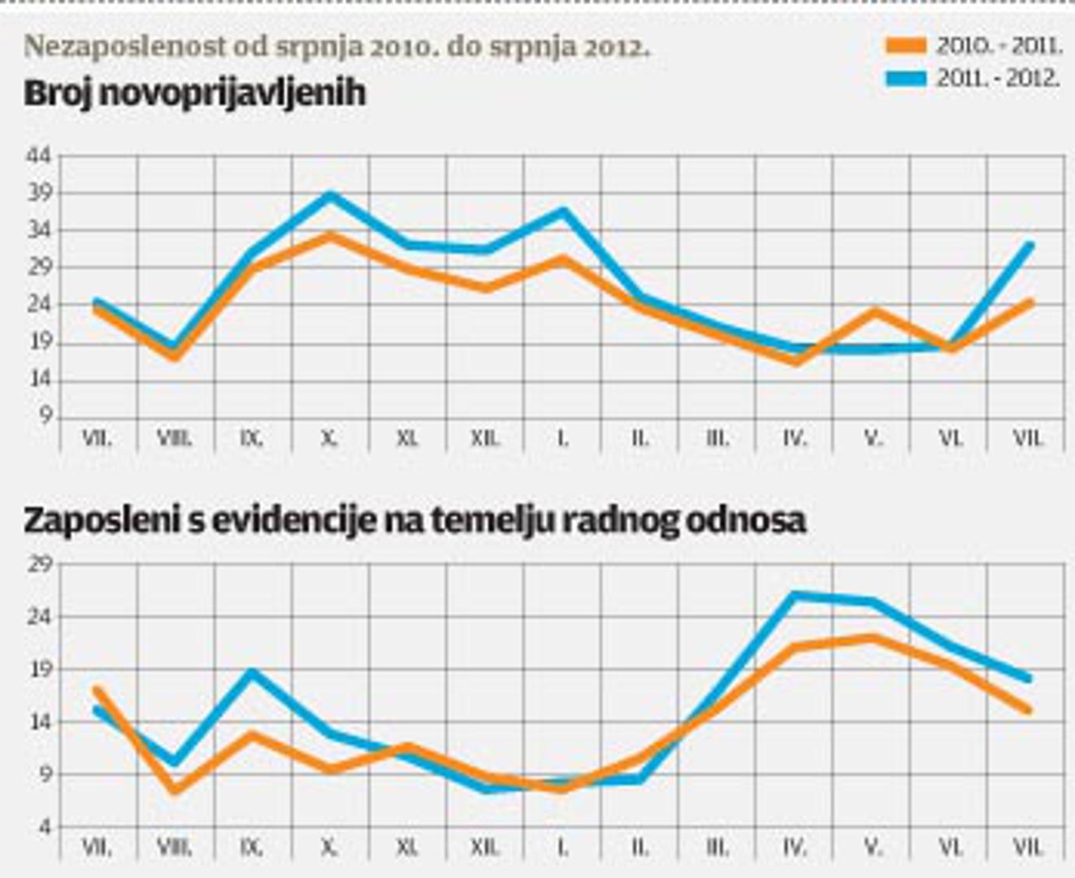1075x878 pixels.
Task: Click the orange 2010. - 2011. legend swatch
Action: tap(906, 46)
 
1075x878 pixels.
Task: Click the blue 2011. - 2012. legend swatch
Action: tap(906, 79)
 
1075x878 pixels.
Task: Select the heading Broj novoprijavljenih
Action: tap(195, 93)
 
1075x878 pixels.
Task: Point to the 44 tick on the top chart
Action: tap(39, 156)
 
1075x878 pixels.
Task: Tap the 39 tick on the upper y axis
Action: tap(39, 193)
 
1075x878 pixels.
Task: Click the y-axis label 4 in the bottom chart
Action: tap(45, 827)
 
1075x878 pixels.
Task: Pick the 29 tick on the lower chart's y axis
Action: tap(39, 563)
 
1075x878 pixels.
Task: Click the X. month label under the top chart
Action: tap(329, 438)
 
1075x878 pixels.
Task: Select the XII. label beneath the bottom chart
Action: tap(485, 847)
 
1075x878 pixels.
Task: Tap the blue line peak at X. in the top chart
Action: tap(330, 195)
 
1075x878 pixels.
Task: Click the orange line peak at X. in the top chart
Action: tap(329, 236)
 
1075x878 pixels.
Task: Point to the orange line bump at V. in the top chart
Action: tap(874, 311)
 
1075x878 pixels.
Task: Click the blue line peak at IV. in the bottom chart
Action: tap(795, 595)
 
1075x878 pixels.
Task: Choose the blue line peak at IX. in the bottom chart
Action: tap(252, 672)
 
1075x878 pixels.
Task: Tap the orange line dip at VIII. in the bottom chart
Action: tap(175, 789)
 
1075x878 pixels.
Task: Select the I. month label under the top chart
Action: tap(562, 438)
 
